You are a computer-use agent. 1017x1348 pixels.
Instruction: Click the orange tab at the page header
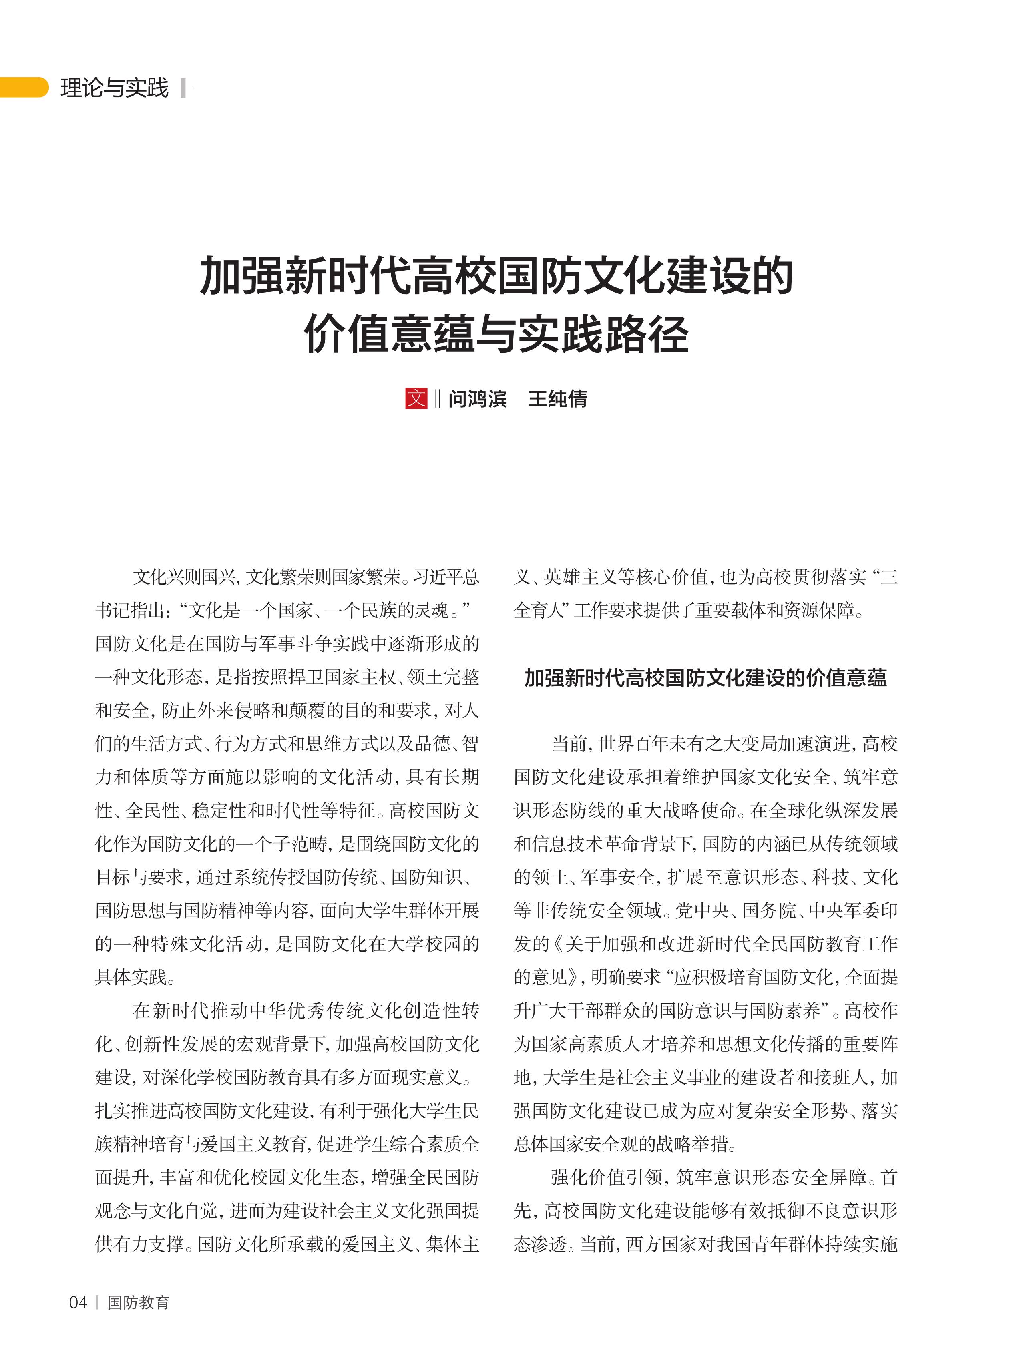coord(23,88)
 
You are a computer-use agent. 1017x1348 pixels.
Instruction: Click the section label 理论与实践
coord(115,88)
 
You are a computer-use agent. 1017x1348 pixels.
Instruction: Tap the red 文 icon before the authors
coord(416,398)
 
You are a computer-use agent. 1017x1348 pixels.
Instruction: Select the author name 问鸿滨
coord(478,398)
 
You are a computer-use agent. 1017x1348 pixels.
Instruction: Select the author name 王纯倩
coord(557,398)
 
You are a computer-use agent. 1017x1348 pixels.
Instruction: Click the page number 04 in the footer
coord(78,1303)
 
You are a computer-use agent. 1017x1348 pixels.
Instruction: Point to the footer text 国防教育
coord(138,1303)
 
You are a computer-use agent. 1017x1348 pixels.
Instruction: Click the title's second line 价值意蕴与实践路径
coord(496,334)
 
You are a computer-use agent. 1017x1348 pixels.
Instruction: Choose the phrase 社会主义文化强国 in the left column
coord(390,1210)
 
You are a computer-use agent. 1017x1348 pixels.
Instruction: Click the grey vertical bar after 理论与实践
coord(183,88)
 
